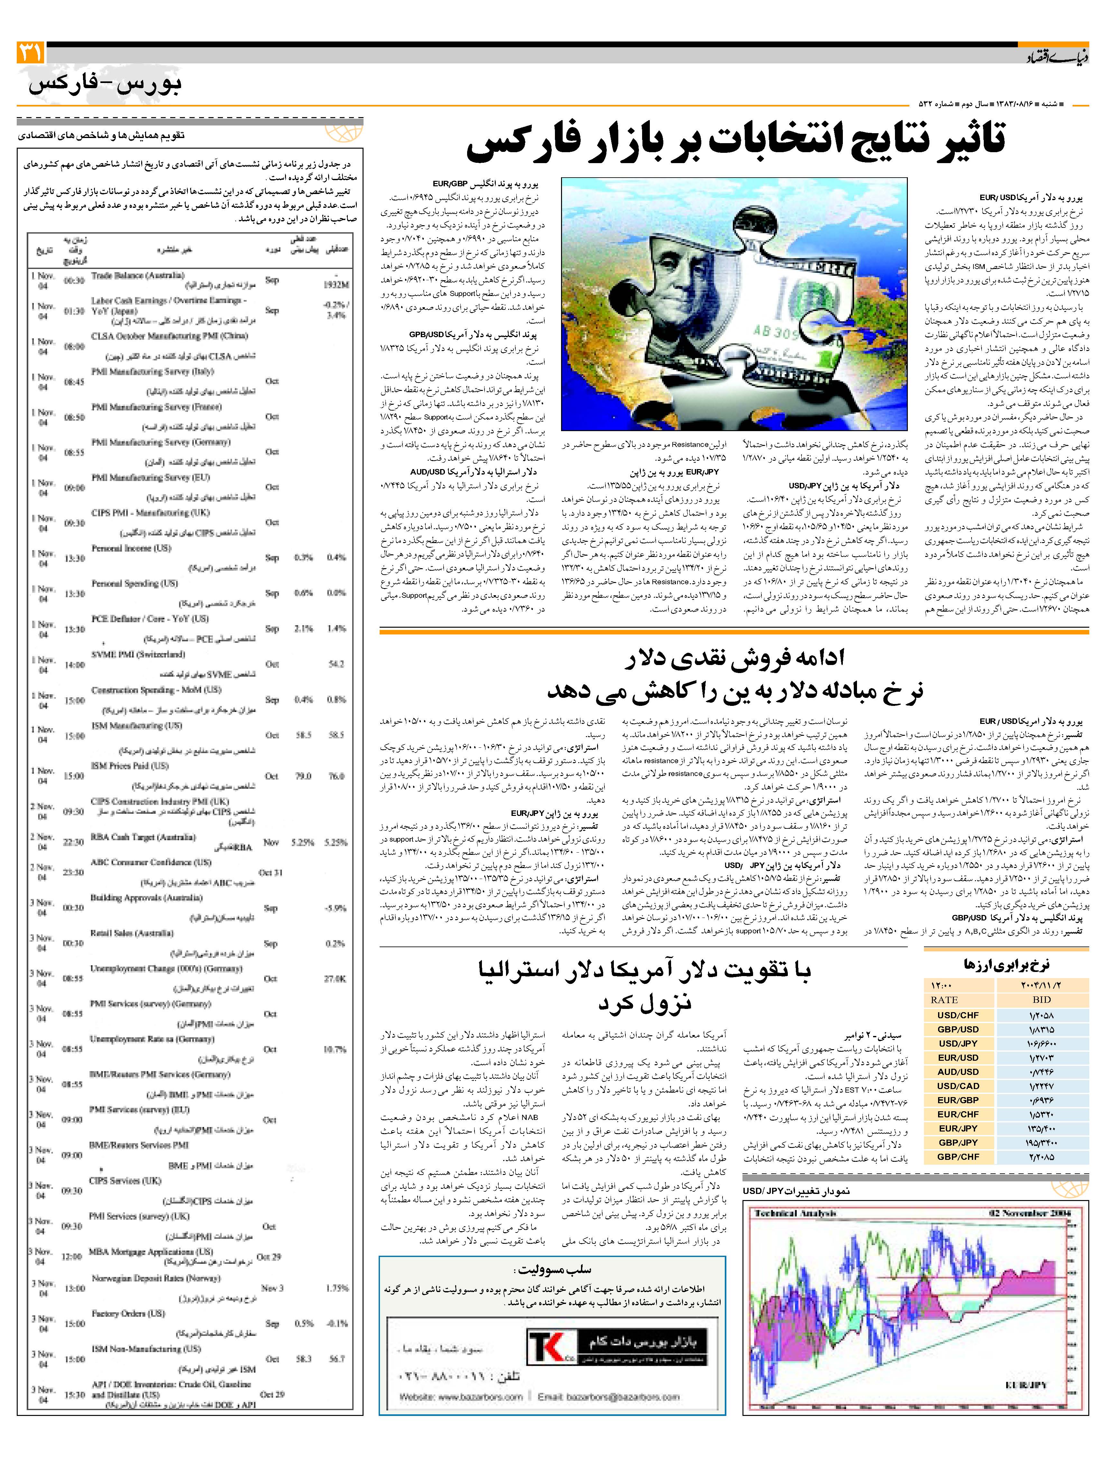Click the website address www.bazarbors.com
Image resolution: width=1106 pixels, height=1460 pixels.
coord(461,1397)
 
